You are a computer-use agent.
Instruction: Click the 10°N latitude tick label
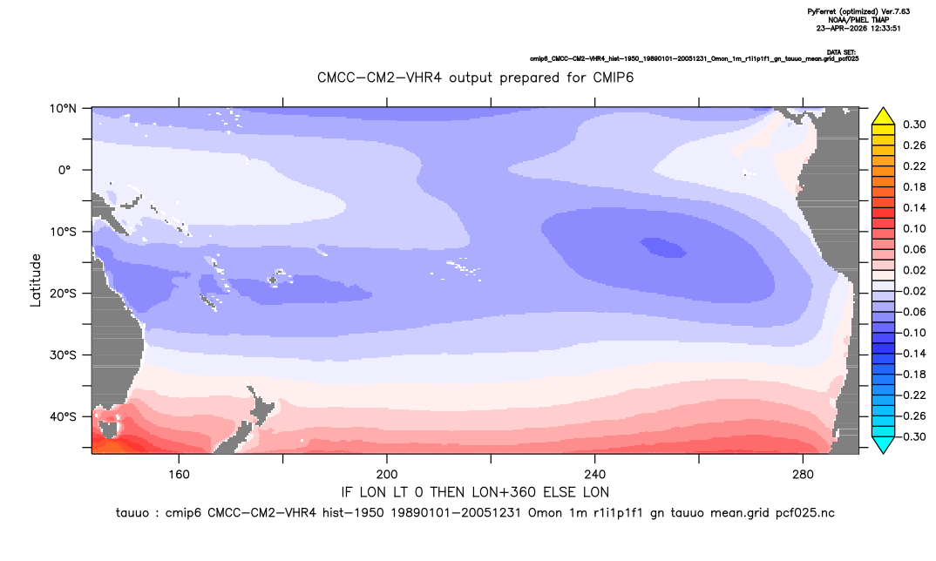63,108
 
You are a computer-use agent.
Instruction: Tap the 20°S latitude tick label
63,293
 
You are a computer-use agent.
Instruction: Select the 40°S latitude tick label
63,416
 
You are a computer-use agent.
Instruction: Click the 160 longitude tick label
179,475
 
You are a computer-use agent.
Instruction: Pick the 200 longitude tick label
387,475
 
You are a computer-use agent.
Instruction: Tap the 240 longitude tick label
594,475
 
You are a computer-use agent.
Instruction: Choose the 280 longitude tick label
803,475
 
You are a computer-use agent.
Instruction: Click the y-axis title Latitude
36,280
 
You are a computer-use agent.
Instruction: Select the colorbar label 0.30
914,125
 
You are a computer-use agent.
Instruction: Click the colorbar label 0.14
914,207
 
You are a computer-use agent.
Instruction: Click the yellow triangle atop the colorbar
883,117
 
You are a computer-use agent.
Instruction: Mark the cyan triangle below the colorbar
883,444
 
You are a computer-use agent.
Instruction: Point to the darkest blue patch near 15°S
663,247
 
